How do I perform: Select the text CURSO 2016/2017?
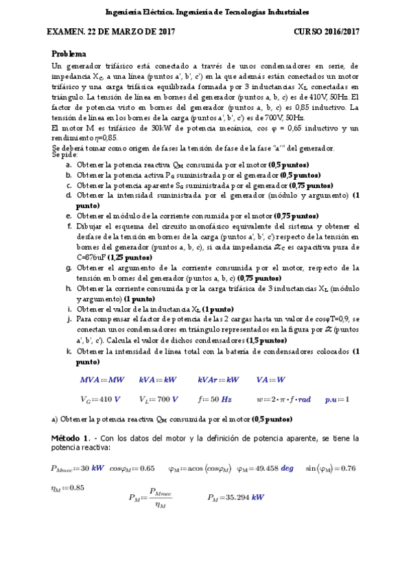327,32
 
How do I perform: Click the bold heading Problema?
69,54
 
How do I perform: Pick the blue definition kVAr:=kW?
218,380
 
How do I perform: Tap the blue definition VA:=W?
271,380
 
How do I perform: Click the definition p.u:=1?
337,399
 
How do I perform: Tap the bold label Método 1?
71,437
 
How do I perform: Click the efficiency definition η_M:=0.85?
69,488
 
